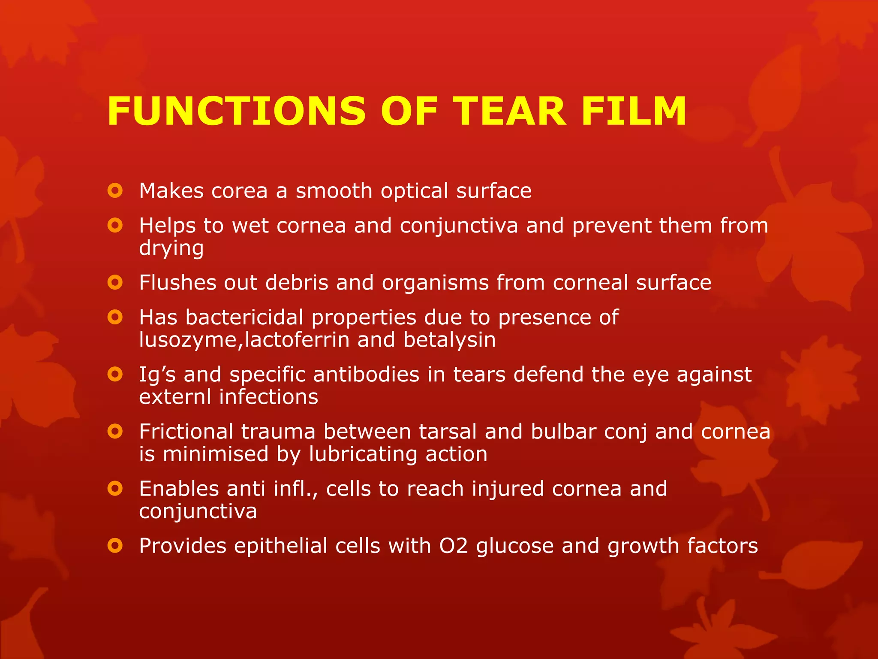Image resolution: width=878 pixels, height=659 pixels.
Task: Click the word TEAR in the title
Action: pyautogui.click(x=509, y=112)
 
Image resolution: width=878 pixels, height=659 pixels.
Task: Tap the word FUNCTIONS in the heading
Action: pyautogui.click(x=236, y=112)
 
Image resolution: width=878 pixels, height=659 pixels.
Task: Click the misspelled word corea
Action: pyautogui.click(x=239, y=191)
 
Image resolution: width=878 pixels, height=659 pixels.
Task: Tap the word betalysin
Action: pyautogui.click(x=449, y=340)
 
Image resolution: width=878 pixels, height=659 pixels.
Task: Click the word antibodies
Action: pyautogui.click(x=366, y=375)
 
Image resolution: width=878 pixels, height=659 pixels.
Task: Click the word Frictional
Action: pyautogui.click(x=186, y=432)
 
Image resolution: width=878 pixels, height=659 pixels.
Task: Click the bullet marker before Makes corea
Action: pyautogui.click(x=115, y=190)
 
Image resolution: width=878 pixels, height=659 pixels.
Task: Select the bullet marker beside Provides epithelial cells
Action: pyautogui.click(x=115, y=546)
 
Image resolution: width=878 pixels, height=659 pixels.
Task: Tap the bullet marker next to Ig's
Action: pyautogui.click(x=115, y=374)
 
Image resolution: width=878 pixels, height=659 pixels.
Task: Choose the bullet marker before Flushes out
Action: pyautogui.click(x=115, y=282)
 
